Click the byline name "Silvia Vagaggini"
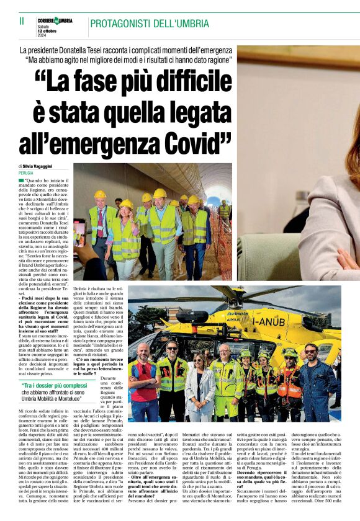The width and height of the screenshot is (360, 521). [x=40, y=167]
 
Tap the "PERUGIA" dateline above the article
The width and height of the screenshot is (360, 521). [x=26, y=173]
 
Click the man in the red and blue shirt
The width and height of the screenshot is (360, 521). [x=144, y=378]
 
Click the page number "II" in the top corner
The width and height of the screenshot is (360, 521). [x=22, y=21]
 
